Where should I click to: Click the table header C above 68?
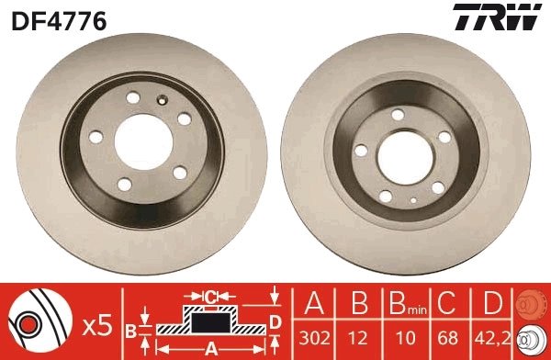[448, 304]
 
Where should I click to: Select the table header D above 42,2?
[489, 304]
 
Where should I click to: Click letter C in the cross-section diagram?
[210, 297]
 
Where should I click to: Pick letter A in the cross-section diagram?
[210, 347]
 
